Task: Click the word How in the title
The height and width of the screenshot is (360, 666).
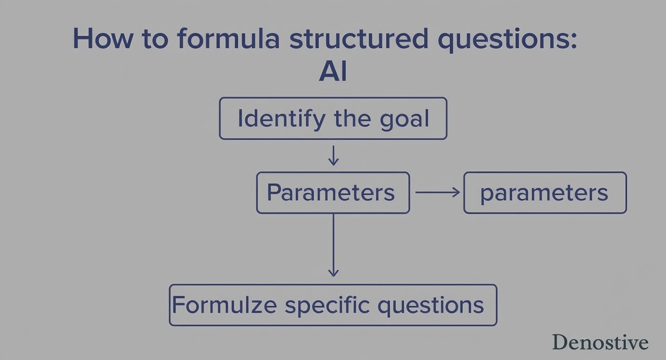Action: [x=102, y=38]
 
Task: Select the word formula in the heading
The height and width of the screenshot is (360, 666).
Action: [x=228, y=38]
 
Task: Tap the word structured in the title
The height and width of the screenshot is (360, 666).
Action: [x=359, y=38]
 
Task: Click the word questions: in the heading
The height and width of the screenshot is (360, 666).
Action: [x=508, y=40]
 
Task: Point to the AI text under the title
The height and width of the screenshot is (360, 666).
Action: [x=333, y=72]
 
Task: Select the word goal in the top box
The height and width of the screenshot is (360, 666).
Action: [x=405, y=120]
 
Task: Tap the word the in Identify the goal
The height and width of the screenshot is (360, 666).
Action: [x=353, y=118]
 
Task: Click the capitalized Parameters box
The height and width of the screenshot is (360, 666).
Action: [x=333, y=192]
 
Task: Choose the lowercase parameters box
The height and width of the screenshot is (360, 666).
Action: [x=545, y=193]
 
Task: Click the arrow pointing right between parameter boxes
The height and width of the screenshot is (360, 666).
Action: [x=437, y=192]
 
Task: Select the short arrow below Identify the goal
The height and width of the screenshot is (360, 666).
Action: [x=333, y=156]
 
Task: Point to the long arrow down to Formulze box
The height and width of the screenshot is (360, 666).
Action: [x=333, y=245]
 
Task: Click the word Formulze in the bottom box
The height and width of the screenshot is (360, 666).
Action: [x=224, y=305]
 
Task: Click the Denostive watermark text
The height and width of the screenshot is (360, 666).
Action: [x=600, y=342]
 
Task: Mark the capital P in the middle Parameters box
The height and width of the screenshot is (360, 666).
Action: [x=274, y=192]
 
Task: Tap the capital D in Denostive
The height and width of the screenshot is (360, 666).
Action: [x=560, y=342]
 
